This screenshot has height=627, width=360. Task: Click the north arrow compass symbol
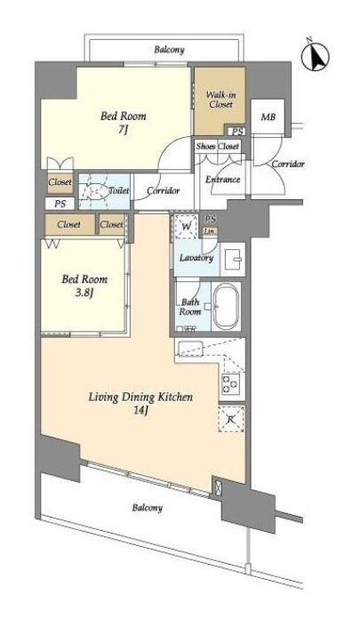click(x=316, y=55)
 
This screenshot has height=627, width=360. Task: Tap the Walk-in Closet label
click(x=220, y=100)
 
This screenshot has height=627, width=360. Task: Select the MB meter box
click(x=268, y=117)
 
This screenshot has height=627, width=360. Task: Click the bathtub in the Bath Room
click(x=226, y=306)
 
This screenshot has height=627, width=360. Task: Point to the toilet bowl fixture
click(x=96, y=190)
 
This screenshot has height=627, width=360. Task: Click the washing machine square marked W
click(x=186, y=227)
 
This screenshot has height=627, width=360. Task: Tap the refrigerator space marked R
click(x=231, y=419)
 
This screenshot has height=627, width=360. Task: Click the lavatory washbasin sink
click(x=233, y=259)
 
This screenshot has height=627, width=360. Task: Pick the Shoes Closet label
click(x=218, y=147)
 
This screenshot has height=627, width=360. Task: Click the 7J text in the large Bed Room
click(x=123, y=130)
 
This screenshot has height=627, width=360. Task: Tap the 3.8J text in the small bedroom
click(x=84, y=293)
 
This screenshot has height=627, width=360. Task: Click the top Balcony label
click(x=170, y=50)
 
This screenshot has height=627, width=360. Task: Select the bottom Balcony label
click(x=148, y=508)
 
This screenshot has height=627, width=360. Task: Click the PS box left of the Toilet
click(x=60, y=204)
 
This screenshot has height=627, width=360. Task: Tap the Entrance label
click(x=222, y=180)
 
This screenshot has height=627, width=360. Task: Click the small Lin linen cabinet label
click(x=210, y=231)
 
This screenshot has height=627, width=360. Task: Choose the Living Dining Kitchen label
click(x=140, y=397)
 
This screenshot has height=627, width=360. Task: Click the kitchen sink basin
click(x=190, y=347)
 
